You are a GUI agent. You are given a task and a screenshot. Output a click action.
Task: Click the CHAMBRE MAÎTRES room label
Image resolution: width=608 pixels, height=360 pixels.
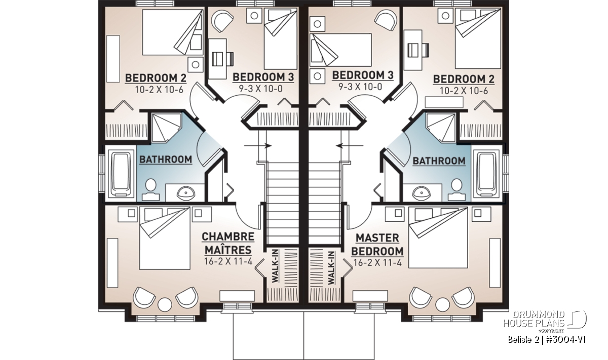tap(228, 243)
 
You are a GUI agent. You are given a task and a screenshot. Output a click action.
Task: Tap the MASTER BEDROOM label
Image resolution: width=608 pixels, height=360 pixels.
tap(377, 245)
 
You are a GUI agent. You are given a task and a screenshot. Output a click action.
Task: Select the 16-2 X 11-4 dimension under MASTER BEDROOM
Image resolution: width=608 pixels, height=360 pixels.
tap(377, 263)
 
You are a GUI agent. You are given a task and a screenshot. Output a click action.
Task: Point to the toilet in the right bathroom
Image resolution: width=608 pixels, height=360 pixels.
tap(457, 190)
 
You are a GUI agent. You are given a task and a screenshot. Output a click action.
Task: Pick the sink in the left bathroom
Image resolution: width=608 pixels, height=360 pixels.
tap(186, 193)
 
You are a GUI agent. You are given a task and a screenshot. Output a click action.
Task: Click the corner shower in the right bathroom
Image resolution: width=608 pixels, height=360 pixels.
tap(441, 128)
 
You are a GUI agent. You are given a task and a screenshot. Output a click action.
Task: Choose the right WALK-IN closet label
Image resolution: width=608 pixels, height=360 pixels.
tap(331, 268)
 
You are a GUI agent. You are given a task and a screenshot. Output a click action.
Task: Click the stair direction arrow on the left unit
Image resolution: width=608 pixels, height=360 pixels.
tap(257, 146)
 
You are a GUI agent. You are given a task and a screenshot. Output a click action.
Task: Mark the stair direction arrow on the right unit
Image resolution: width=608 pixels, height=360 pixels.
tap(350, 146)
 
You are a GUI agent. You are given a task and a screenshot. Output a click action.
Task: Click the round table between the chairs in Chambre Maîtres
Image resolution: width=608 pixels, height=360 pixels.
tap(165, 304)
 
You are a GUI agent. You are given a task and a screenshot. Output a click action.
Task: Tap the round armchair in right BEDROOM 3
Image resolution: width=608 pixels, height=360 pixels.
tap(386, 20)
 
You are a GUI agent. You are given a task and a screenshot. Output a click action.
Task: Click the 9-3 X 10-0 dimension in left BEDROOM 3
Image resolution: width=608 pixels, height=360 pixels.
tap(260, 89)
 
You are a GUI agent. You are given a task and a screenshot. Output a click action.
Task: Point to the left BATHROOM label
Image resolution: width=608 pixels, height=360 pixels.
tap(166, 159)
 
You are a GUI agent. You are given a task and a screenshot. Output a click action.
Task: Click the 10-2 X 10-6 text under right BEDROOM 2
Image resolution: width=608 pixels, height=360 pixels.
tap(464, 91)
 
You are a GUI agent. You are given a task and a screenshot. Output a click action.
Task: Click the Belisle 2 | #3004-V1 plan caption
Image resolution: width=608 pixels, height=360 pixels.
tap(547, 340)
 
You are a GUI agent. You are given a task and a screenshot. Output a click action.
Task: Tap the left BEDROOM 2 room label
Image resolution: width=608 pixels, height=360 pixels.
tap(156, 78)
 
